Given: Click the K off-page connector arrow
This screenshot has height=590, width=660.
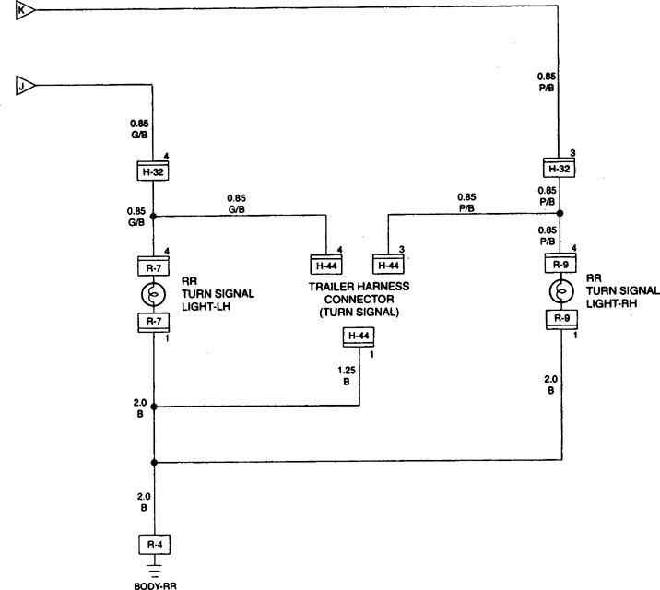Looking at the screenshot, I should click(x=26, y=10).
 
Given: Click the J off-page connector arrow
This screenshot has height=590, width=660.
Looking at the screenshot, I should click(x=26, y=86).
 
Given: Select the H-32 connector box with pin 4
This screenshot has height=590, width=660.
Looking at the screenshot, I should click(x=153, y=171).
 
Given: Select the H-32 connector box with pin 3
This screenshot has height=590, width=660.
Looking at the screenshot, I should click(x=559, y=169).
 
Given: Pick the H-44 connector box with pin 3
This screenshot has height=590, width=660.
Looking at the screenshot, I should click(x=389, y=265).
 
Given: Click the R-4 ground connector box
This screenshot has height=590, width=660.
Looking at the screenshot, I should click(x=153, y=545).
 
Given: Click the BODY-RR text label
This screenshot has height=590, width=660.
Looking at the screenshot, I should click(x=153, y=584).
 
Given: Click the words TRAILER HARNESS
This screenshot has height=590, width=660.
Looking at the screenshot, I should click(x=359, y=288).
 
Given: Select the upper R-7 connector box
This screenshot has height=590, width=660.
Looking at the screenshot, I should click(x=153, y=265).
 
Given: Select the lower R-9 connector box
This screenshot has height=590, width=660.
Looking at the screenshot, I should click(x=559, y=319).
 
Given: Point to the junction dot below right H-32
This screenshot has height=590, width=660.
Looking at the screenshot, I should click(x=559, y=213).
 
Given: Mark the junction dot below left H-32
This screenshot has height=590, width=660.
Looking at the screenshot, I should click(x=154, y=218).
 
